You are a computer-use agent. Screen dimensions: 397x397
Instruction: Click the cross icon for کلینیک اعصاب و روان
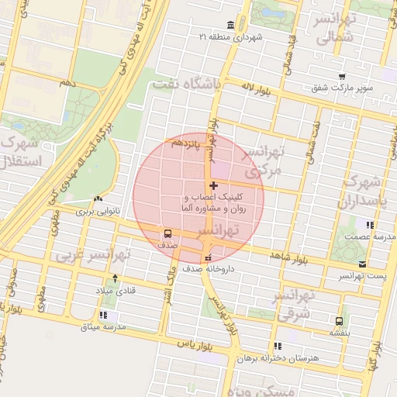pos(214,186)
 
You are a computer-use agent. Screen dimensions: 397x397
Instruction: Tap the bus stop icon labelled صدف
pos(167,233)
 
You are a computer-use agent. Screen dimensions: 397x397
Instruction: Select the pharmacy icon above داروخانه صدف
pos(207,257)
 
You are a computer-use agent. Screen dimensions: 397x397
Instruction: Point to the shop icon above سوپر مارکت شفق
pos(342,76)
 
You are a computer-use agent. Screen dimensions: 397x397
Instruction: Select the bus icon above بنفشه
pos(339,321)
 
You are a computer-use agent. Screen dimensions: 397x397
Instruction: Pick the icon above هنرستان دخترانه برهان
pos(278,346)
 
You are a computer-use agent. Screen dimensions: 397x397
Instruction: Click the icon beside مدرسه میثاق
pos(114,316)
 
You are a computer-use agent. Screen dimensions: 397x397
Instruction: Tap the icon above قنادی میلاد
pos(116,278)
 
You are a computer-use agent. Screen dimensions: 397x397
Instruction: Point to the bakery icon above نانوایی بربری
pos(97,198)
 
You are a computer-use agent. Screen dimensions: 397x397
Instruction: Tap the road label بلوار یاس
pos(171,342)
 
